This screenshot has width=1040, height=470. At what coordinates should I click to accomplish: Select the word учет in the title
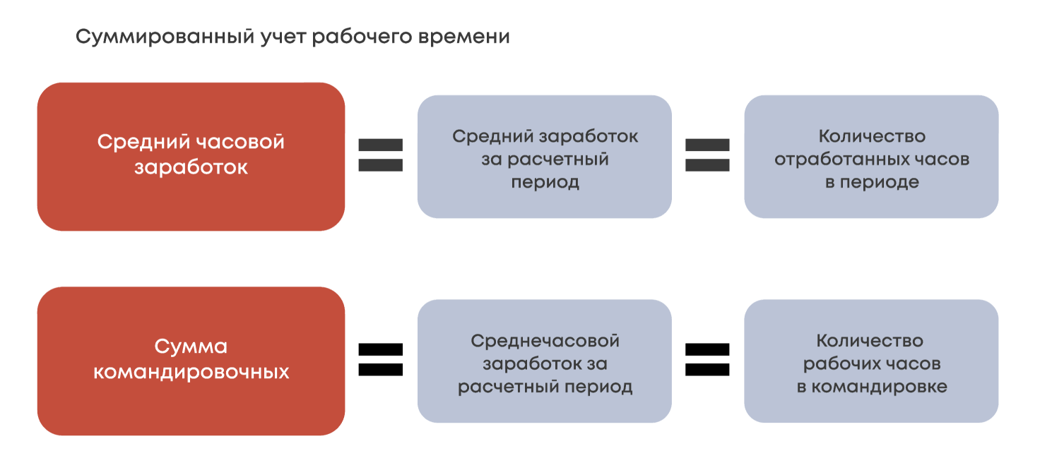click(x=279, y=37)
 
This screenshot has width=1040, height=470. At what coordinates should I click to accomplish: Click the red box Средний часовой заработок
click(x=191, y=157)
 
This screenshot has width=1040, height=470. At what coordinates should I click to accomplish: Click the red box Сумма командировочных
click(x=191, y=361)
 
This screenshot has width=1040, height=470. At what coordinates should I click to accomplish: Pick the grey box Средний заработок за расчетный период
click(x=544, y=157)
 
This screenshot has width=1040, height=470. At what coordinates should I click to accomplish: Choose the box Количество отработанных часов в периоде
click(x=871, y=157)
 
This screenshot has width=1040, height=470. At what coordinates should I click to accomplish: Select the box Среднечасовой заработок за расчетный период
click(x=544, y=361)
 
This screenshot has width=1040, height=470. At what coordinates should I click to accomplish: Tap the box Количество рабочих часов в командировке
click(x=871, y=361)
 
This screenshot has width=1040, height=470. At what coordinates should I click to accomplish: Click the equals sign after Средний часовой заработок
click(x=381, y=155)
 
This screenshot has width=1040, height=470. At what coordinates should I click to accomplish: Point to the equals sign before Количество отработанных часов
click(x=707, y=155)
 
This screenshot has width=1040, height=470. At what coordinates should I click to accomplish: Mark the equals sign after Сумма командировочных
click(x=381, y=359)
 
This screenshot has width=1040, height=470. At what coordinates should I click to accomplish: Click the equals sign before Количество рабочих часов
click(x=707, y=359)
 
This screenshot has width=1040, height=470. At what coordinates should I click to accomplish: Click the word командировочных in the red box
click(x=191, y=372)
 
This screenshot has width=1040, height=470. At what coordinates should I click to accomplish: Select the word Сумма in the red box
click(x=191, y=347)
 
